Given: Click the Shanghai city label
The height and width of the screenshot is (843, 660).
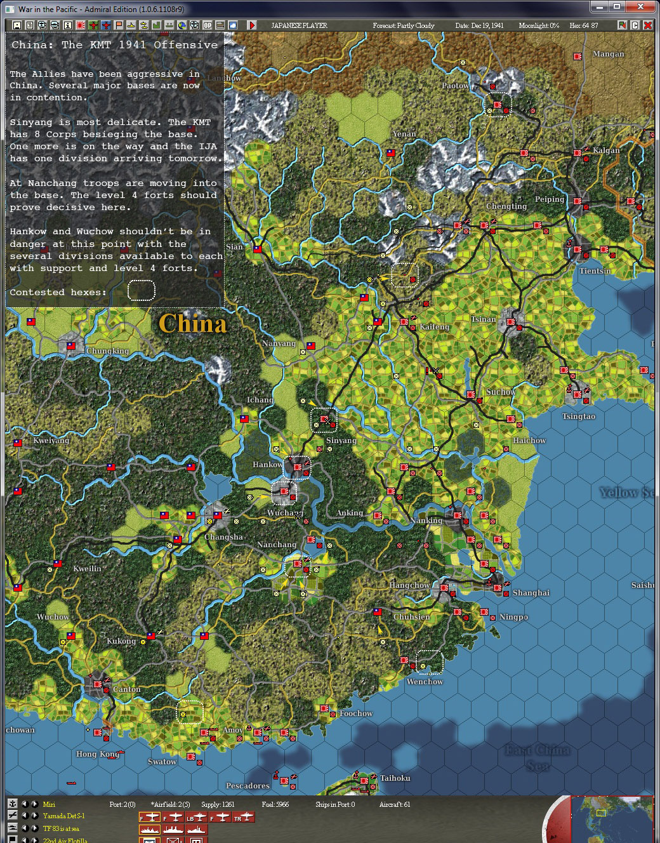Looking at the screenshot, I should (531, 593).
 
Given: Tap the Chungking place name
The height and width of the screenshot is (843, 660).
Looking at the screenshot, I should (107, 351).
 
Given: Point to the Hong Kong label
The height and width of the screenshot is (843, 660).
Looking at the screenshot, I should (98, 754).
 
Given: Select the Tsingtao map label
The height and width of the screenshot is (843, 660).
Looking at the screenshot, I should (578, 416).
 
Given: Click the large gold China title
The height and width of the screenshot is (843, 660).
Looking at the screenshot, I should (192, 324).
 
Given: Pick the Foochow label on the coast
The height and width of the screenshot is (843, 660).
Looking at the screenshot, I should (356, 714).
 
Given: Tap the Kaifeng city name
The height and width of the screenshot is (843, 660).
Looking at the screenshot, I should (434, 327).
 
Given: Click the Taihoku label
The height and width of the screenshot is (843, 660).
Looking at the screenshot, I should (395, 778).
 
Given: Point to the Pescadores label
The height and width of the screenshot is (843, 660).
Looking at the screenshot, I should (247, 786).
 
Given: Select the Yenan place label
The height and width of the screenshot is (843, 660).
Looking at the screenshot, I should (404, 134).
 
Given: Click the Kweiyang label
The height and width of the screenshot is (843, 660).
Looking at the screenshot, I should (51, 441).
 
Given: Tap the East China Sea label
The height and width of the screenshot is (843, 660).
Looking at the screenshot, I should (538, 758).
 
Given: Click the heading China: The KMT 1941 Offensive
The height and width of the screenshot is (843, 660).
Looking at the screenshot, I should (115, 45).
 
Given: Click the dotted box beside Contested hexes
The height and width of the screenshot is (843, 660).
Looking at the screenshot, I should (141, 291).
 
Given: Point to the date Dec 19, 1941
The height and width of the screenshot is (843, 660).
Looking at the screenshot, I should (479, 25).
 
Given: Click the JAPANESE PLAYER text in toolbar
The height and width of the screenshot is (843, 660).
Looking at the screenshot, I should (299, 25).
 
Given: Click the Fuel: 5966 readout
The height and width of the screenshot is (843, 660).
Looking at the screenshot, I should (275, 804).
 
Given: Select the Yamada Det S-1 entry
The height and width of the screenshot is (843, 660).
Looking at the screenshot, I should (63, 816).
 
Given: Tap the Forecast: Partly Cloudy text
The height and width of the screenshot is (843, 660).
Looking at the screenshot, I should (404, 25).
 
